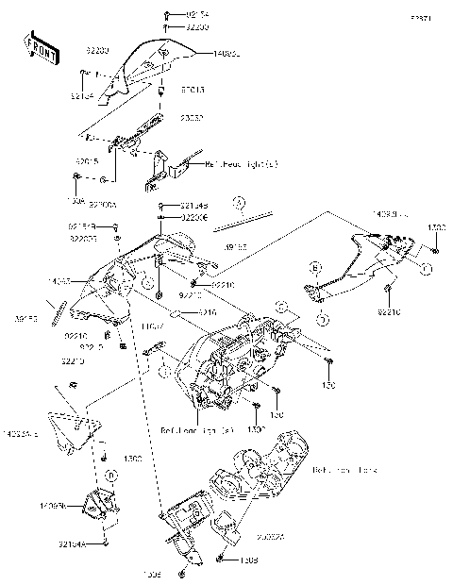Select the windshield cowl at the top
(151, 67)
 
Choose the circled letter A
(240, 203)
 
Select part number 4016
(207, 310)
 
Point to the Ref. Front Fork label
(344, 468)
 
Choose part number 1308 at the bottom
(248, 560)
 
